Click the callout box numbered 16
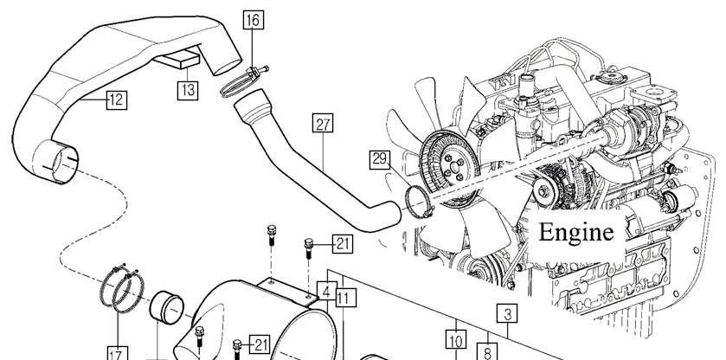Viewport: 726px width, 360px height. pyautogui.click(x=254, y=20)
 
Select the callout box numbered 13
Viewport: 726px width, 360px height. pyautogui.click(x=188, y=89)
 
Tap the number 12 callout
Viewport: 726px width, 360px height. pyautogui.click(x=117, y=100)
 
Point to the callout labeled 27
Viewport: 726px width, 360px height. pyautogui.click(x=323, y=123)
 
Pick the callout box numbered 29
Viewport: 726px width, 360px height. pyautogui.click(x=380, y=159)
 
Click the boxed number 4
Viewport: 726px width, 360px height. pyautogui.click(x=326, y=292)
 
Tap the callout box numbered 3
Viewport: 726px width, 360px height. pyautogui.click(x=507, y=314)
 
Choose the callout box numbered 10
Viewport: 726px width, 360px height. pyautogui.click(x=456, y=340)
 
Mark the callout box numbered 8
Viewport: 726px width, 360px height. pyautogui.click(x=487, y=351)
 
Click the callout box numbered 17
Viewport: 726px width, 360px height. pyautogui.click(x=117, y=355)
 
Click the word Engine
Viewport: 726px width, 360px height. pyautogui.click(x=576, y=232)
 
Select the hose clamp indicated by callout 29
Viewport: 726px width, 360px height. pyautogui.click(x=418, y=201)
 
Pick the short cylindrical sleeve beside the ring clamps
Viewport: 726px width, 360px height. pyautogui.click(x=166, y=307)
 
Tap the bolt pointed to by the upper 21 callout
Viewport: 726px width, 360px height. pyautogui.click(x=309, y=247)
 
